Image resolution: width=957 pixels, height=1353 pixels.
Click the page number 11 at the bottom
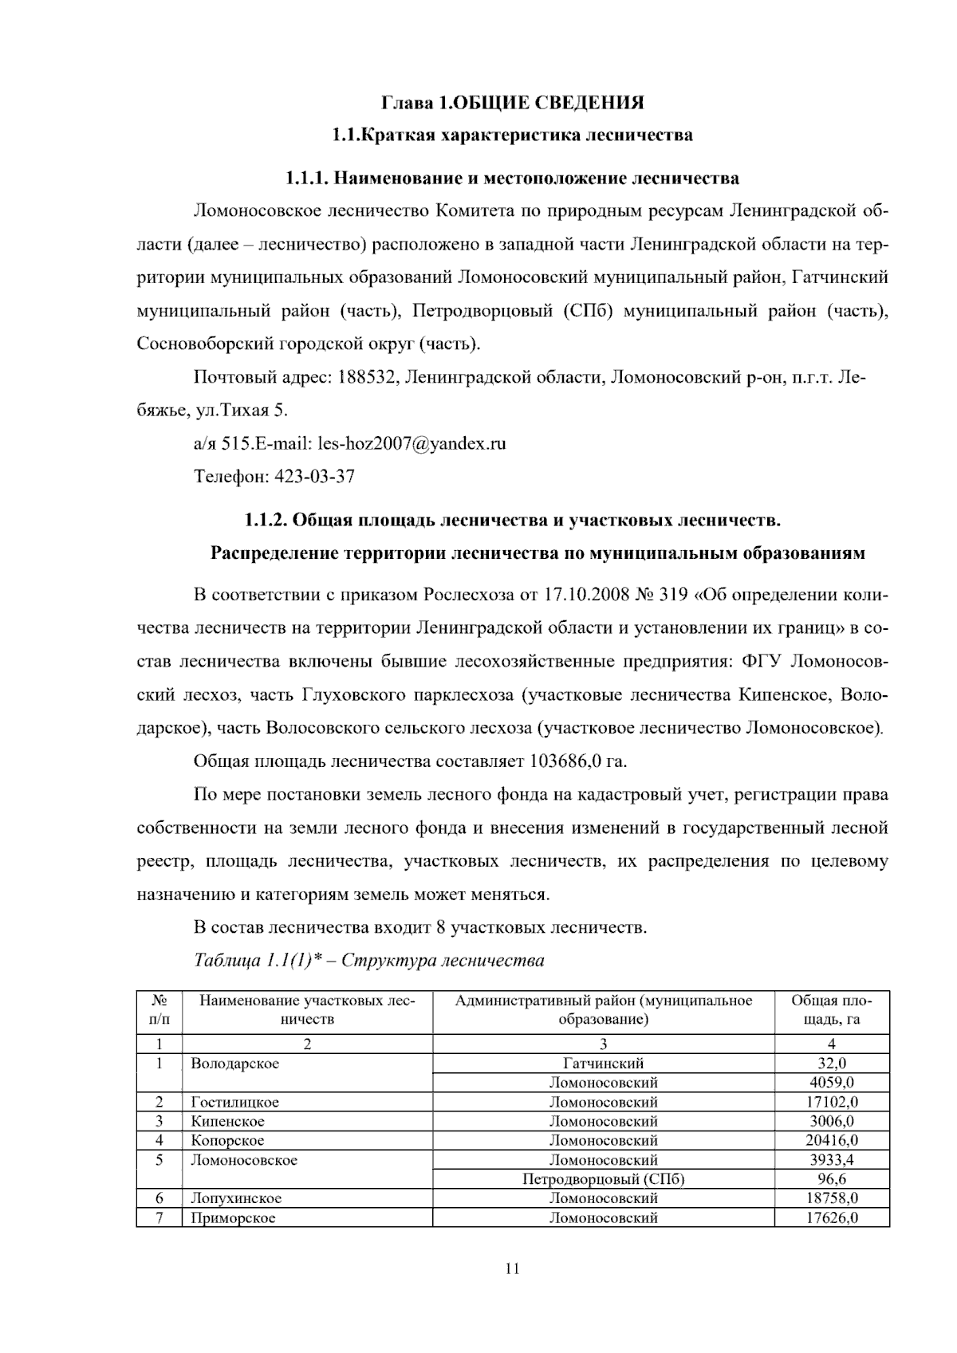click(x=512, y=1268)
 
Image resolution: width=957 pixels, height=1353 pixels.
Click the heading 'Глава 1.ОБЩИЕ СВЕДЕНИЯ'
click(x=512, y=103)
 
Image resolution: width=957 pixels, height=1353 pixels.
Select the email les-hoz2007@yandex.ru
click(x=412, y=443)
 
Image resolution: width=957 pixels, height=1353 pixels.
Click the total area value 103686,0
click(x=565, y=761)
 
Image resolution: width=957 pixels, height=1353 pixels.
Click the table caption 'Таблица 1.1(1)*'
click(x=263, y=960)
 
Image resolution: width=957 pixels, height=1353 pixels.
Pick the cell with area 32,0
click(x=831, y=1064)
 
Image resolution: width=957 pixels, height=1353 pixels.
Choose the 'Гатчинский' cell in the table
click(x=603, y=1064)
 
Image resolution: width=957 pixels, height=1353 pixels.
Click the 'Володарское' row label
click(x=234, y=1064)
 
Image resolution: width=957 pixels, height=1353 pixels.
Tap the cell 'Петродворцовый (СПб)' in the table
click(x=603, y=1179)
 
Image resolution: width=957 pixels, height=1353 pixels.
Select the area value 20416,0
click(x=831, y=1140)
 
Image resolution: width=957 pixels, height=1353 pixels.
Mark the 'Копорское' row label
click(x=227, y=1140)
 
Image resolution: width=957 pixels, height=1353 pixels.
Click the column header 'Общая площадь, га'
click(x=831, y=1010)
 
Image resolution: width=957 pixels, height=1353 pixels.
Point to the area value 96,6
click(x=831, y=1179)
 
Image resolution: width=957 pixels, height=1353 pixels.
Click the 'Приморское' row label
click(x=233, y=1217)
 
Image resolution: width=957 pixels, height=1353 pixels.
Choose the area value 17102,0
click(x=831, y=1102)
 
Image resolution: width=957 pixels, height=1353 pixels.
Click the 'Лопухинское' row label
click(x=236, y=1198)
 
